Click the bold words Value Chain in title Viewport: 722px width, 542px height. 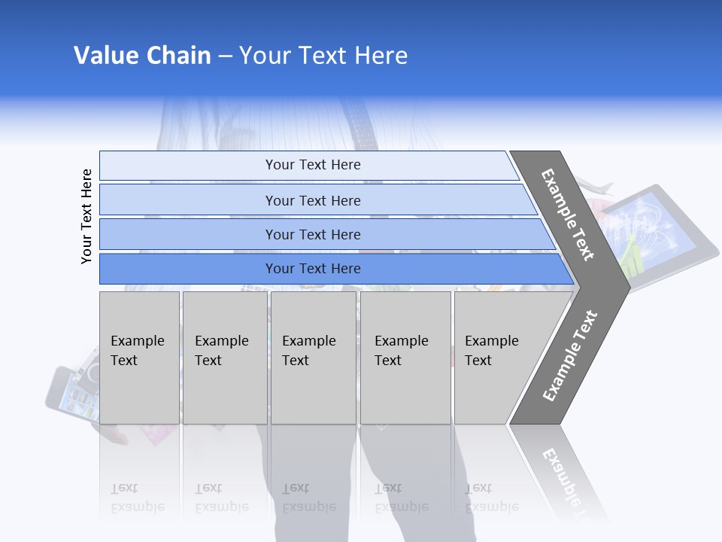pyautogui.click(x=142, y=56)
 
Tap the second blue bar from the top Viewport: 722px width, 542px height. pyautogui.click(x=312, y=200)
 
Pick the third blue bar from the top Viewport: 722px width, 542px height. pyautogui.click(x=312, y=234)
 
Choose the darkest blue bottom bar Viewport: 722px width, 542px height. pyautogui.click(x=312, y=269)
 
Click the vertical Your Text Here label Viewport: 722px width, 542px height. pyautogui.click(x=87, y=216)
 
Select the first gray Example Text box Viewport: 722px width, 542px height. pyautogui.click(x=139, y=357)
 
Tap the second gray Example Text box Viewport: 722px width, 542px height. pyautogui.click(x=224, y=357)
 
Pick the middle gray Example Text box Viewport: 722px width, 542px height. pyautogui.click(x=313, y=357)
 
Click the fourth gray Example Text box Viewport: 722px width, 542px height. pyautogui.click(x=405, y=357)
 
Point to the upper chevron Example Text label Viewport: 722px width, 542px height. pyautogui.click(x=568, y=215)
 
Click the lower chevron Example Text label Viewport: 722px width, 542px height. pyautogui.click(x=570, y=356)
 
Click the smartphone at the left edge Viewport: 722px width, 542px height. pyautogui.click(x=72, y=391)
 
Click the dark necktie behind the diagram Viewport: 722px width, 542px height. pyautogui.click(x=363, y=125)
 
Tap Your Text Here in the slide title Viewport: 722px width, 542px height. pyautogui.click(x=323, y=56)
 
